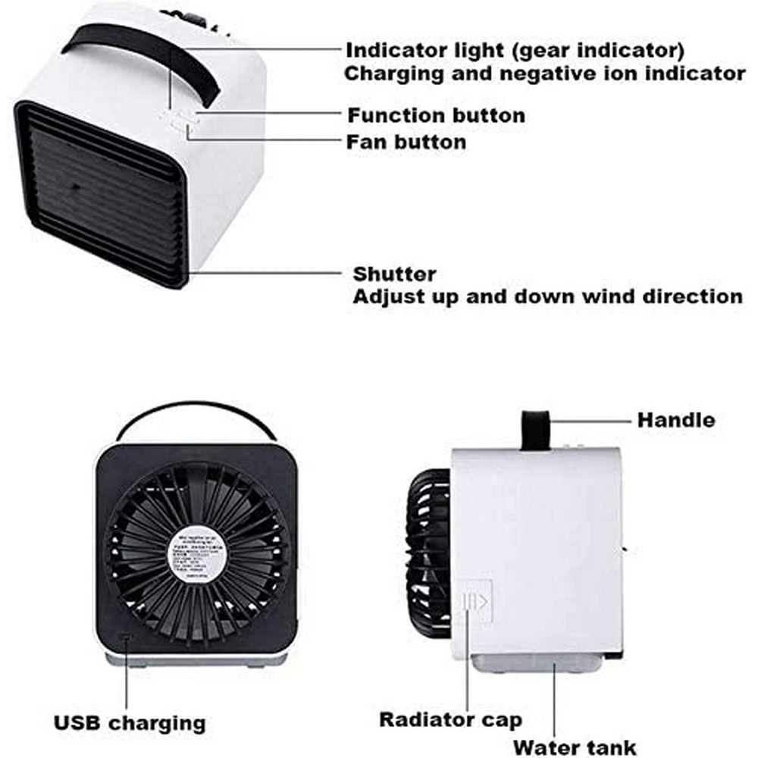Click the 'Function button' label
point(436,116)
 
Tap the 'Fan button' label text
point(406,142)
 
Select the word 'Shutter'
point(394,274)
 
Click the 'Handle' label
point(675,419)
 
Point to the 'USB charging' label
point(130,722)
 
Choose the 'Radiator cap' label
point(450,719)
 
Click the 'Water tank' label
point(575,747)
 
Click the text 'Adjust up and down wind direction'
point(547,296)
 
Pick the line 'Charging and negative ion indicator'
point(545,74)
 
